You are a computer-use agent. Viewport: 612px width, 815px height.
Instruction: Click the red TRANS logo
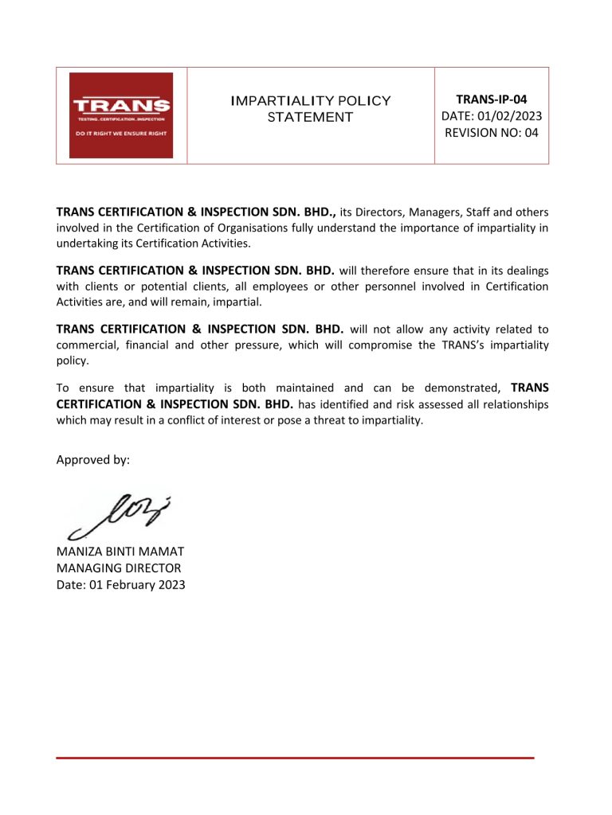(x=121, y=115)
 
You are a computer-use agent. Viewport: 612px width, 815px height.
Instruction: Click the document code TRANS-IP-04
(x=492, y=99)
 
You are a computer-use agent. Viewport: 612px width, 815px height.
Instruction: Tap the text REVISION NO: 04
(x=492, y=133)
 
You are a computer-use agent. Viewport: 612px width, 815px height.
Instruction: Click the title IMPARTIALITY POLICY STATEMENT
(x=310, y=109)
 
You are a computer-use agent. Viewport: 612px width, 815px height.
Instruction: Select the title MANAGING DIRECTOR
(x=119, y=568)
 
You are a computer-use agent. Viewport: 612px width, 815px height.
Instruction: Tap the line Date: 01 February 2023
(x=120, y=585)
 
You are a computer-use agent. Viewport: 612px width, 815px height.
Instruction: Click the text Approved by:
(x=92, y=460)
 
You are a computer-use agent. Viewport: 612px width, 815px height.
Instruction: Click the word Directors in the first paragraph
(x=380, y=213)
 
